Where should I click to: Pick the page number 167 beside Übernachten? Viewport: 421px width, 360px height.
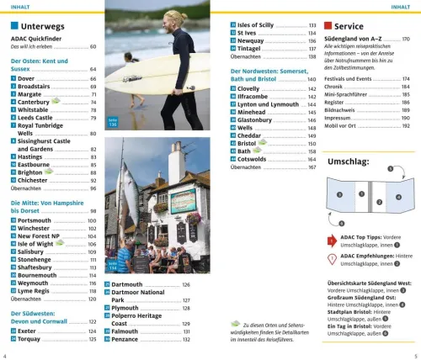(x=312, y=167)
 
